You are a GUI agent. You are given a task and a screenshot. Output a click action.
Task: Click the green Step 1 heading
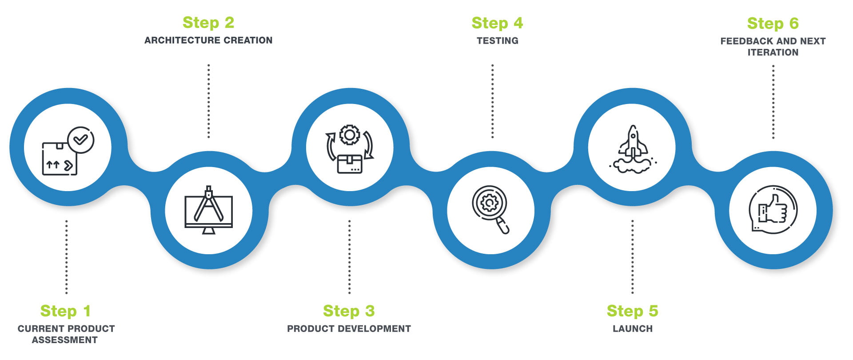[65, 311]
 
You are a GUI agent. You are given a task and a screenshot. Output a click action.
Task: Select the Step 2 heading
[208, 23]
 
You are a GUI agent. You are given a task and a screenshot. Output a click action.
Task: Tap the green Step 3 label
[349, 311]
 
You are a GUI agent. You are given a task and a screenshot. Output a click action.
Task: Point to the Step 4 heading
[497, 23]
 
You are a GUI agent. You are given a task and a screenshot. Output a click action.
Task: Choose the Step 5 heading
[632, 311]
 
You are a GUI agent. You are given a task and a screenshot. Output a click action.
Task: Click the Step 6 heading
[773, 24]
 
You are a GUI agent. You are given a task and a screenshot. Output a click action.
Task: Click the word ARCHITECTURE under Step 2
[182, 40]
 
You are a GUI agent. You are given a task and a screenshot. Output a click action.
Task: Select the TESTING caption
[497, 41]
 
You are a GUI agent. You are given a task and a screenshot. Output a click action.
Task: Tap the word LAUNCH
[632, 329]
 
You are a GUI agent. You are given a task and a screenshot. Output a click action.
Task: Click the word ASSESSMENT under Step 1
[65, 340]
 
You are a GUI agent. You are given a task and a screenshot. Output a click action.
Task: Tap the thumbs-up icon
[773, 209]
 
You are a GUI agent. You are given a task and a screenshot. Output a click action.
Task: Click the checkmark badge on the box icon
[80, 140]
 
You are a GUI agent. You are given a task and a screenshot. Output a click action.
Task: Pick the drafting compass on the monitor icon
[208, 204]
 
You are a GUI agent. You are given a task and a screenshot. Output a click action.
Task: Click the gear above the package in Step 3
[350, 135]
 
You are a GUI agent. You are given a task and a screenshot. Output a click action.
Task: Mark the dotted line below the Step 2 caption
[208, 101]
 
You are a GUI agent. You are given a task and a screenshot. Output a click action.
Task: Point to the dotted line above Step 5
[632, 256]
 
